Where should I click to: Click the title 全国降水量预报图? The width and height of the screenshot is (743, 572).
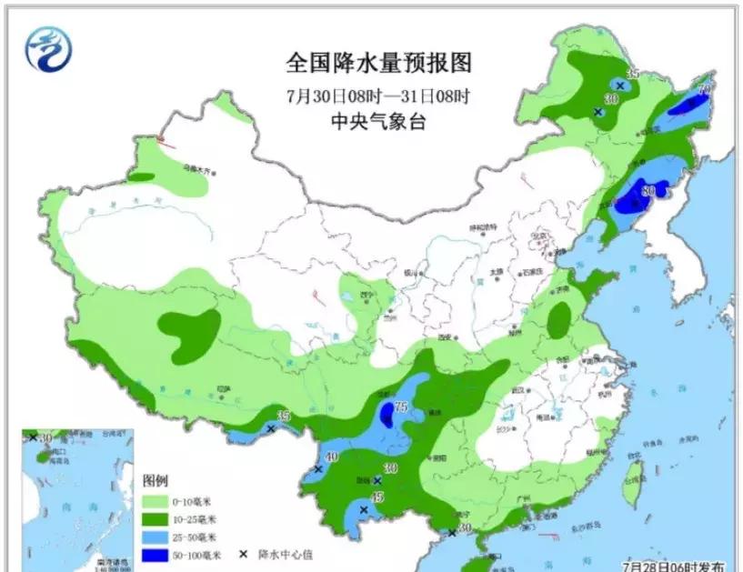[x=379, y=63]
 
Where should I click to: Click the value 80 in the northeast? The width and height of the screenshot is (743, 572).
[x=648, y=191]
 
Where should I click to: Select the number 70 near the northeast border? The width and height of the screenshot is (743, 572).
[x=703, y=90]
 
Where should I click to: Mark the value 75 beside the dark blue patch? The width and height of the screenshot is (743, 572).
[x=400, y=407]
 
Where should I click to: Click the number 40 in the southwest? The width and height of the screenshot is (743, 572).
[x=332, y=457]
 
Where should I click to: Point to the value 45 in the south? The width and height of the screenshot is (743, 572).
[x=377, y=497]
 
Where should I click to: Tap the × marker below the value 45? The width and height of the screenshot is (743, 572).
[x=364, y=510]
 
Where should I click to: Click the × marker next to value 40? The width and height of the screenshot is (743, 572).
[x=317, y=469]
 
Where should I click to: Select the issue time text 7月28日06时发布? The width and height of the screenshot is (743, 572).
[x=674, y=565]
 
